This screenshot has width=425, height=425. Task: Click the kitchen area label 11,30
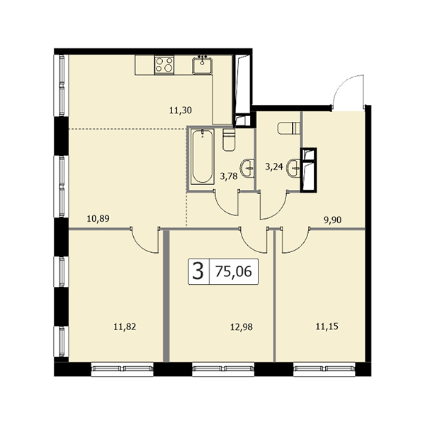(181, 110)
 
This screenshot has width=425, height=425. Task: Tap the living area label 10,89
(98, 218)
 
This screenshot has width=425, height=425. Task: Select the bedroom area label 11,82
(125, 327)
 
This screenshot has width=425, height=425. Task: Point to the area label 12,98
(242, 327)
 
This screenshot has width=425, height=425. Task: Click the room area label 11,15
(327, 327)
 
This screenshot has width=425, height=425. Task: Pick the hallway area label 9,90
(333, 220)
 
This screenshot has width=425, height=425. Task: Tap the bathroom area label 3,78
(229, 176)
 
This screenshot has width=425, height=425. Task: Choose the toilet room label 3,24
(274, 166)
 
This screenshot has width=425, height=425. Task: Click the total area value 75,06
(234, 271)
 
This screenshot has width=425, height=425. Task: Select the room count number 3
(198, 271)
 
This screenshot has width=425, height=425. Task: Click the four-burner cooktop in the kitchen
(164, 64)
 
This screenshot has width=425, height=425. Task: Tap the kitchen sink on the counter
(202, 65)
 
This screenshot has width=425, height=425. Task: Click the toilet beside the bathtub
(229, 140)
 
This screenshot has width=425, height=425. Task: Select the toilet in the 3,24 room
(289, 128)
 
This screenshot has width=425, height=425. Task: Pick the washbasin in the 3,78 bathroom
(247, 169)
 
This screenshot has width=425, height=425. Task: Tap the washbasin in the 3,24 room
(294, 168)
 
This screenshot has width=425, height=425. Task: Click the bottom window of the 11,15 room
(324, 368)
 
